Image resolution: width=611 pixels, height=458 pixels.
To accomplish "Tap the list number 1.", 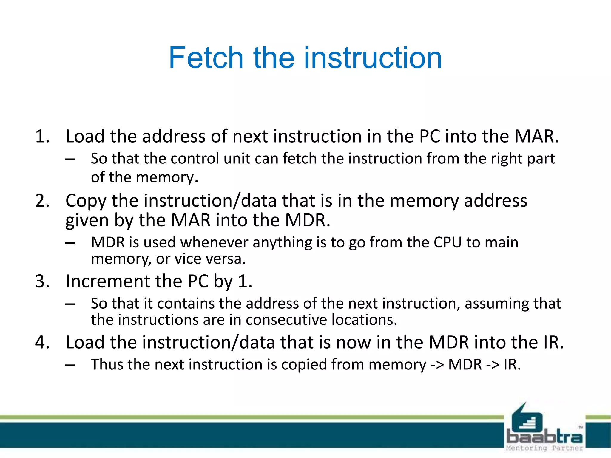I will point(42,137).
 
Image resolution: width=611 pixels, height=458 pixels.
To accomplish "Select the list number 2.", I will point(42,201).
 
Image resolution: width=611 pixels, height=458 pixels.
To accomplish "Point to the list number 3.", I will point(42,281).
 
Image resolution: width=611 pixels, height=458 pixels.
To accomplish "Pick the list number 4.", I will point(42,342).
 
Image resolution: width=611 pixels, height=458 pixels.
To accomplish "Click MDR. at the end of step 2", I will point(308,220).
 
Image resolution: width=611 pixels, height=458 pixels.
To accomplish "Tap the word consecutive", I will point(286,320).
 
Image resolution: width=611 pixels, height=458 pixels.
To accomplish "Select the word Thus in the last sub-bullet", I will point(107,364).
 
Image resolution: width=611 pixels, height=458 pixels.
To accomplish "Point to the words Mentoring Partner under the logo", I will point(544,448).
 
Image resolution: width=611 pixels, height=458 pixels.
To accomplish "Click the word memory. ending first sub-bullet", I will point(167,177).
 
